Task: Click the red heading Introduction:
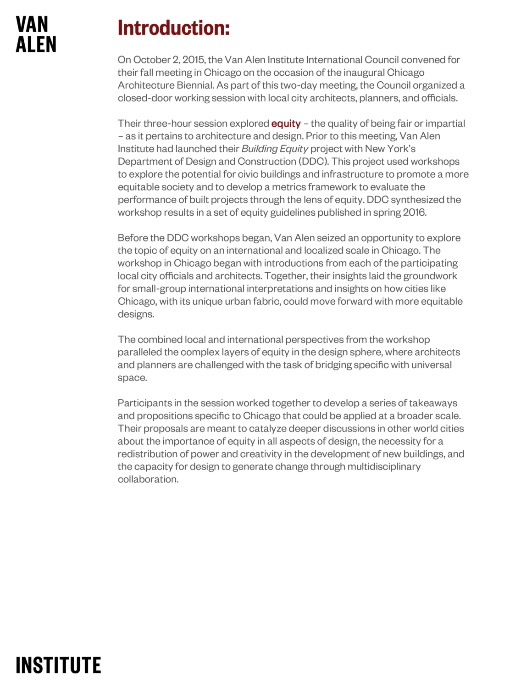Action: [173, 28]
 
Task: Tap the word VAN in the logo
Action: [32, 25]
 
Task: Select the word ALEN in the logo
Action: [36, 45]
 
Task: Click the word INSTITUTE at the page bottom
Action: [58, 666]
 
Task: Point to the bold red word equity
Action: [286, 123]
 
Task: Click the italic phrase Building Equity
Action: [275, 149]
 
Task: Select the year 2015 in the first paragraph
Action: [193, 60]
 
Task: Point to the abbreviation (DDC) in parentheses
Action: [314, 162]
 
